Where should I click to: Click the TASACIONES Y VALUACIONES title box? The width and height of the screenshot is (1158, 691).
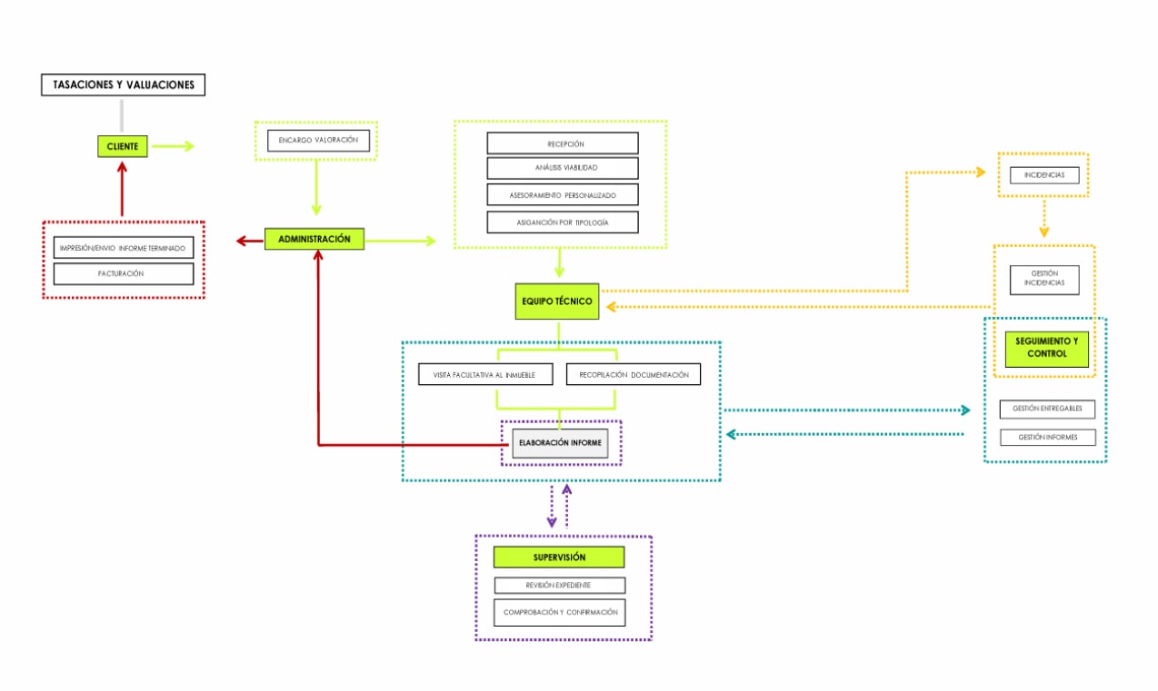click(124, 85)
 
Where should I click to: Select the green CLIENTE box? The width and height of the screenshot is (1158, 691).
click(123, 146)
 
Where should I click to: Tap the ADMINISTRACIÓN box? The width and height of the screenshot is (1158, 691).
click(314, 240)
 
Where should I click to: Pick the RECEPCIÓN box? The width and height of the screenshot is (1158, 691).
click(563, 143)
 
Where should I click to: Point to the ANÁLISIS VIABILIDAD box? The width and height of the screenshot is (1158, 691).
click(563, 168)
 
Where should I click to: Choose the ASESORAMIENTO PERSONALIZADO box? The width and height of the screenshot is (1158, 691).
click(563, 195)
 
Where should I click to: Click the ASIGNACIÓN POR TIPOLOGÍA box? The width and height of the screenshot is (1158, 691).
click(563, 222)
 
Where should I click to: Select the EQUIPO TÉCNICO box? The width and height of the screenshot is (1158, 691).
click(557, 301)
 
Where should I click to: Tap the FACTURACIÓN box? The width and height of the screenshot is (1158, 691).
click(124, 273)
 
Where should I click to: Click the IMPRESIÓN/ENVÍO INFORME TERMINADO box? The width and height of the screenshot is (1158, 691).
click(124, 248)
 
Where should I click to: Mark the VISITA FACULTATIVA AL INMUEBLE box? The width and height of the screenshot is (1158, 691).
click(486, 374)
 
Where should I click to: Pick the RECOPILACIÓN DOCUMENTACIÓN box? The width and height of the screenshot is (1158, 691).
click(634, 374)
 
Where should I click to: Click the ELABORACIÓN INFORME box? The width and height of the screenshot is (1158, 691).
click(560, 443)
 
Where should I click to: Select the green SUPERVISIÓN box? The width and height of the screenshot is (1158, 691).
click(559, 558)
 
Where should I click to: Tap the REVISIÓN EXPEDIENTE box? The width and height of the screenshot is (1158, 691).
click(559, 586)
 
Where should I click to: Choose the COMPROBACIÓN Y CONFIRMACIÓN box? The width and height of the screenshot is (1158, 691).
click(559, 612)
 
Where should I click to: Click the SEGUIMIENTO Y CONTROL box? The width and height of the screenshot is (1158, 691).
click(1046, 348)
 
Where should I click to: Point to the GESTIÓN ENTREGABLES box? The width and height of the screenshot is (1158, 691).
click(1047, 410)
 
